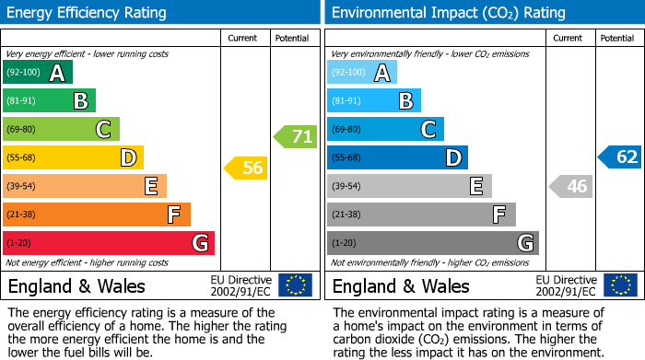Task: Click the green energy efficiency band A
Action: pyautogui.click(x=38, y=73)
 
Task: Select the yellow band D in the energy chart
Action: pyautogui.click(x=73, y=157)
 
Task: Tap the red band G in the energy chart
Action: pyautogui.click(x=109, y=243)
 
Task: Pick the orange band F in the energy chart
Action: pyautogui.click(x=97, y=215)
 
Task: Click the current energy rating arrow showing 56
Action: pyautogui.click(x=246, y=168)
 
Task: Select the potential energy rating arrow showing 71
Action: pyautogui.click(x=295, y=137)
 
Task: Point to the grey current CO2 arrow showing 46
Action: pyautogui.click(x=570, y=187)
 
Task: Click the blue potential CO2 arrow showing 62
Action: pyautogui.click(x=620, y=157)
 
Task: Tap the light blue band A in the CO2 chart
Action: pyautogui.click(x=362, y=73)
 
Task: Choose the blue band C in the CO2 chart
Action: pyautogui.click(x=385, y=130)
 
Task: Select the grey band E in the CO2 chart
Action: pyautogui.click(x=409, y=186)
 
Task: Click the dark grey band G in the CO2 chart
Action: pyautogui.click(x=432, y=243)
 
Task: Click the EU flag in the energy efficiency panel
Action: pyautogui.click(x=295, y=285)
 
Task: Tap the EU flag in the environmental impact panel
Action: pyautogui.click(x=620, y=285)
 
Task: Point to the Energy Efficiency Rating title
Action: pyautogui.click(x=88, y=13)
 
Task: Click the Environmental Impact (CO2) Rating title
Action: pyautogui.click(x=448, y=13)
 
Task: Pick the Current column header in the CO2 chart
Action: pyautogui.click(x=569, y=38)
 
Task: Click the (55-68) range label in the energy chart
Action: pyautogui.click(x=23, y=158)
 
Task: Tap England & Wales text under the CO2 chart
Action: pyautogui.click(x=401, y=285)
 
